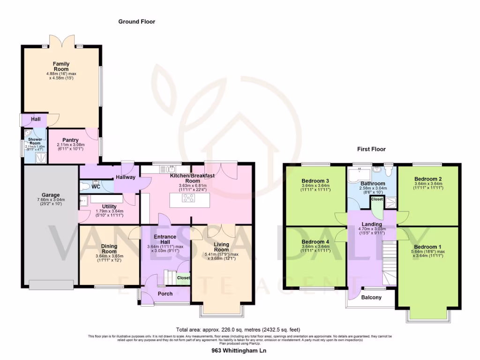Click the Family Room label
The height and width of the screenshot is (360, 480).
61,66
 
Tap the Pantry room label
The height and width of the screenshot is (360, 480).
70,140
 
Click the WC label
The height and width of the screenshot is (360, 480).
96,187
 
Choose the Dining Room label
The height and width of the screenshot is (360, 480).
109,248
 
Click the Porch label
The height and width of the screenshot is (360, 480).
165,294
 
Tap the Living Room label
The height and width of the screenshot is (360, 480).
222,247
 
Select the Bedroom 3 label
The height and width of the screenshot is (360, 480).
315,181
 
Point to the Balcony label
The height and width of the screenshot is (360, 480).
371,297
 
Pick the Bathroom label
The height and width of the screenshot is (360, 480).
373,184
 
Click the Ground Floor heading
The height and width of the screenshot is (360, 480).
136,22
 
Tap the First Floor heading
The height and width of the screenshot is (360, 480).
371,149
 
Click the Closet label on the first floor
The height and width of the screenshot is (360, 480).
377,199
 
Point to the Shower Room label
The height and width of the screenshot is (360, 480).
35,141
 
